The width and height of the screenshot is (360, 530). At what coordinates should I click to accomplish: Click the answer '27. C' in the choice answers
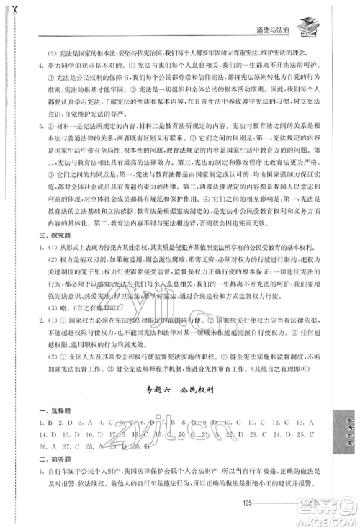click(x=53, y=446)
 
